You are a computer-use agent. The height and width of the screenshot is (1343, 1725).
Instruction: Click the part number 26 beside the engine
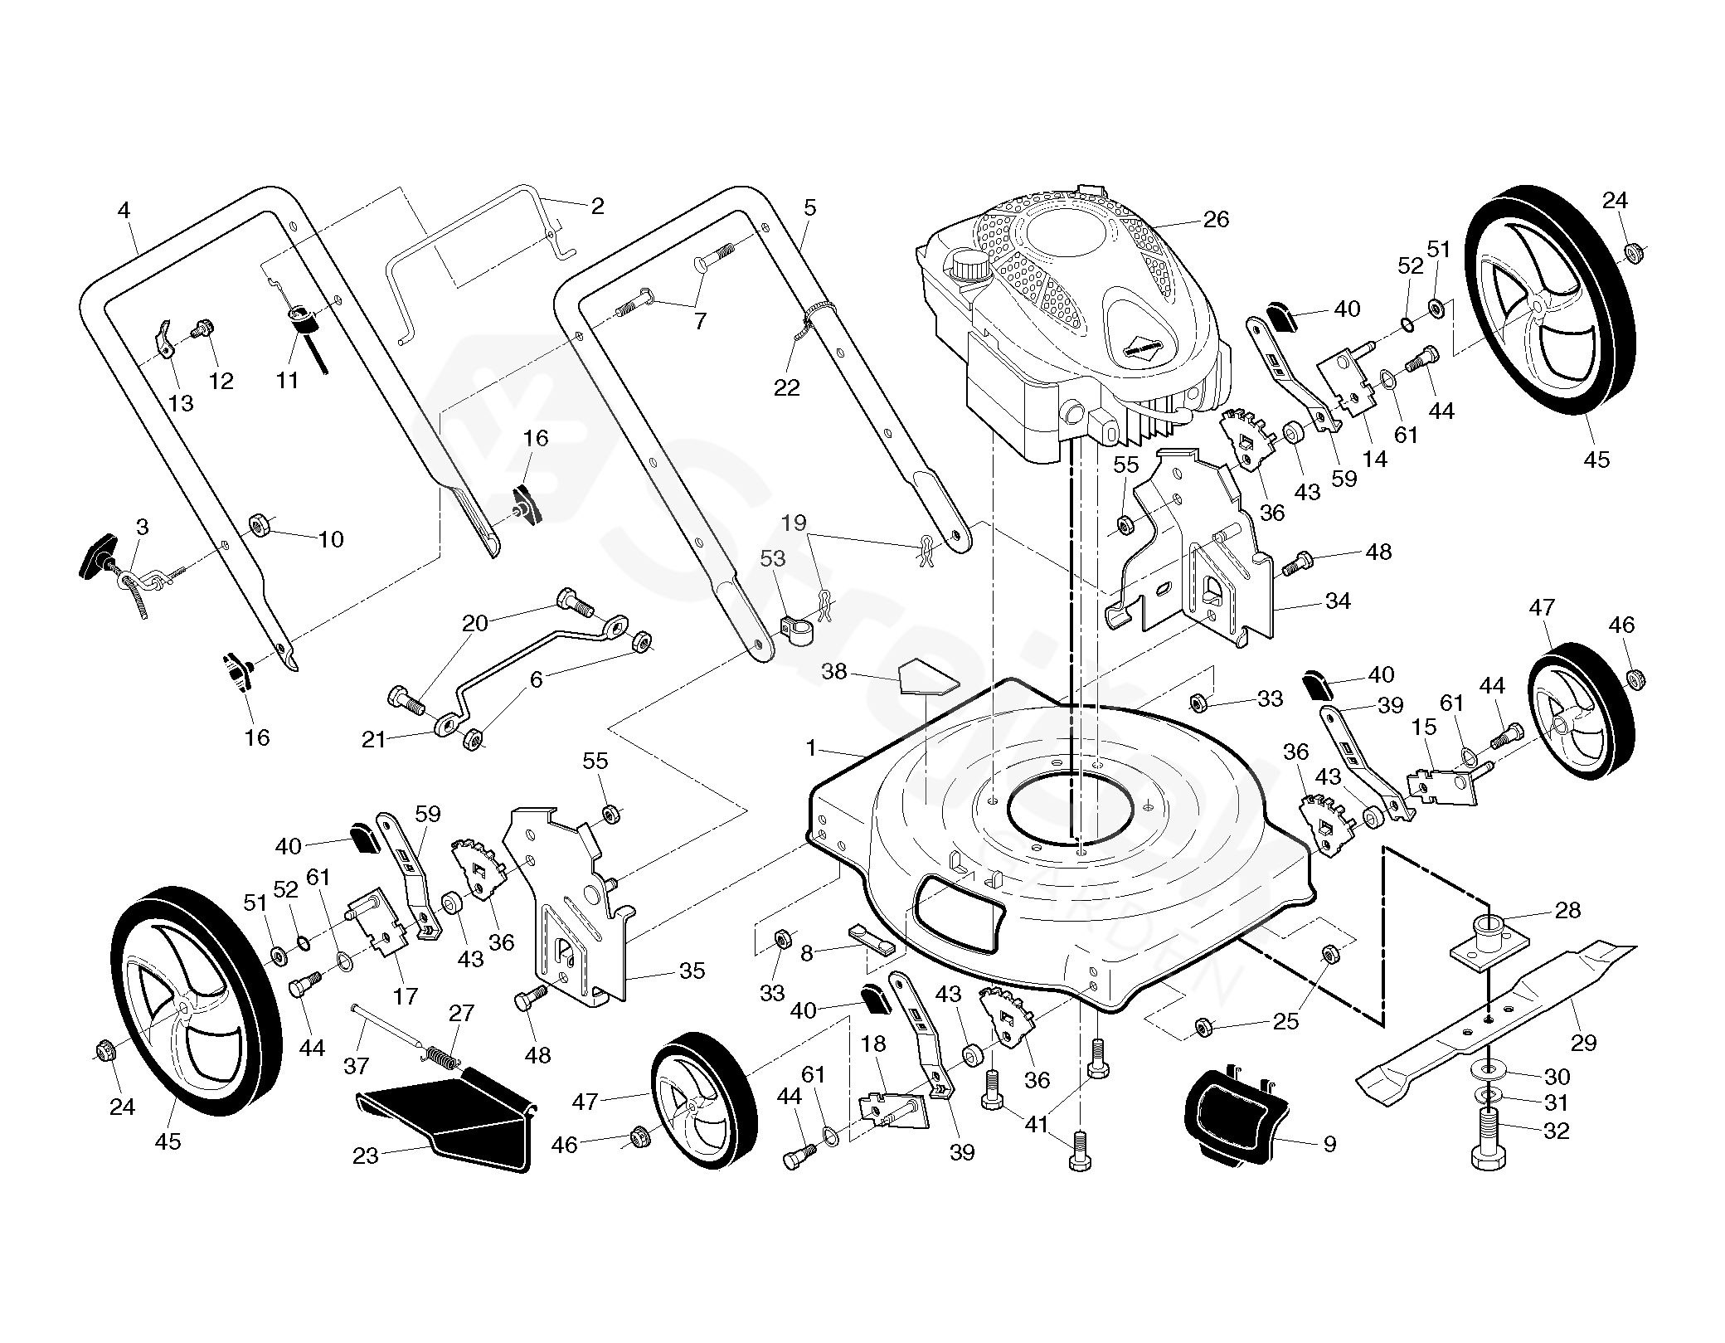(x=1216, y=220)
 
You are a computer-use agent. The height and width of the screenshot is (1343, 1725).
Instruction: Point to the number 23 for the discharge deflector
(x=366, y=1156)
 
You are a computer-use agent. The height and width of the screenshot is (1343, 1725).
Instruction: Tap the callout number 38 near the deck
(x=834, y=671)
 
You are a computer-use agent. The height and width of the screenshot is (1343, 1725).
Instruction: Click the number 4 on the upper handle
(x=124, y=211)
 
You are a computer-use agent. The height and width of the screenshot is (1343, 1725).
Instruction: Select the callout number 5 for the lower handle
(x=810, y=207)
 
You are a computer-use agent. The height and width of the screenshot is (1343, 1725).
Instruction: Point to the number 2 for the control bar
(x=597, y=207)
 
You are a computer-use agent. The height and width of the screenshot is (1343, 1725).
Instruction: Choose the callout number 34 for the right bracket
(x=1339, y=601)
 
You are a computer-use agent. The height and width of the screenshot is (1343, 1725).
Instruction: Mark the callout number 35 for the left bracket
(x=692, y=970)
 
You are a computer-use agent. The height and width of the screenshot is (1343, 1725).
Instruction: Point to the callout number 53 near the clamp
(x=772, y=558)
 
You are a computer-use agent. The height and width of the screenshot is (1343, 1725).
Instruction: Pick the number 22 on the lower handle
(x=787, y=387)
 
